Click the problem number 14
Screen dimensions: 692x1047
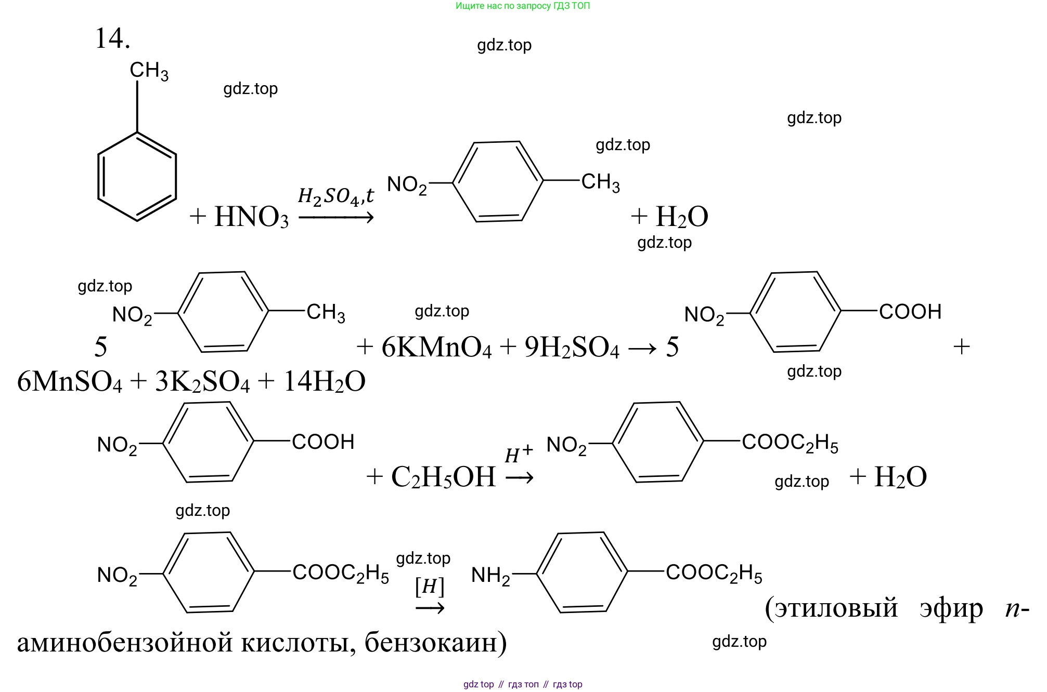[x=112, y=38]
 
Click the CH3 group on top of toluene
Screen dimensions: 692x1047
[x=149, y=71]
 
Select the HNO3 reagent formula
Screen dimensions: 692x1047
[x=251, y=217]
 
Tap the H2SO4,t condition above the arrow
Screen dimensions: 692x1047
[x=335, y=196]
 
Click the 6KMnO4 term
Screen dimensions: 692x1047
[x=436, y=347]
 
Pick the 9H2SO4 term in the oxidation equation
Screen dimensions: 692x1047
[x=572, y=347]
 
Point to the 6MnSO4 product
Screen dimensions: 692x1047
[x=70, y=382]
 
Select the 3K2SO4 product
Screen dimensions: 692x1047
[x=202, y=382]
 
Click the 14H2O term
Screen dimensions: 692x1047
[x=324, y=382]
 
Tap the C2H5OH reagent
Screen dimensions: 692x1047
[x=443, y=477]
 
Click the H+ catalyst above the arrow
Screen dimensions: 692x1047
[x=519, y=454]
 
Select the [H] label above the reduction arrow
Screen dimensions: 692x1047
[x=430, y=587]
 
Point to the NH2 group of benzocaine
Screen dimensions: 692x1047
[x=490, y=575]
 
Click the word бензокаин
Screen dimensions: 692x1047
[x=435, y=643]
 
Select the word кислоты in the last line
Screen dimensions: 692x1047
[x=293, y=643]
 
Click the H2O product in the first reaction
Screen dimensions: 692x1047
[x=682, y=217]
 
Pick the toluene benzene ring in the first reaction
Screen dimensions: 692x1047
[x=137, y=177]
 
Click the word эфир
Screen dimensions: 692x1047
[x=951, y=608]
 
